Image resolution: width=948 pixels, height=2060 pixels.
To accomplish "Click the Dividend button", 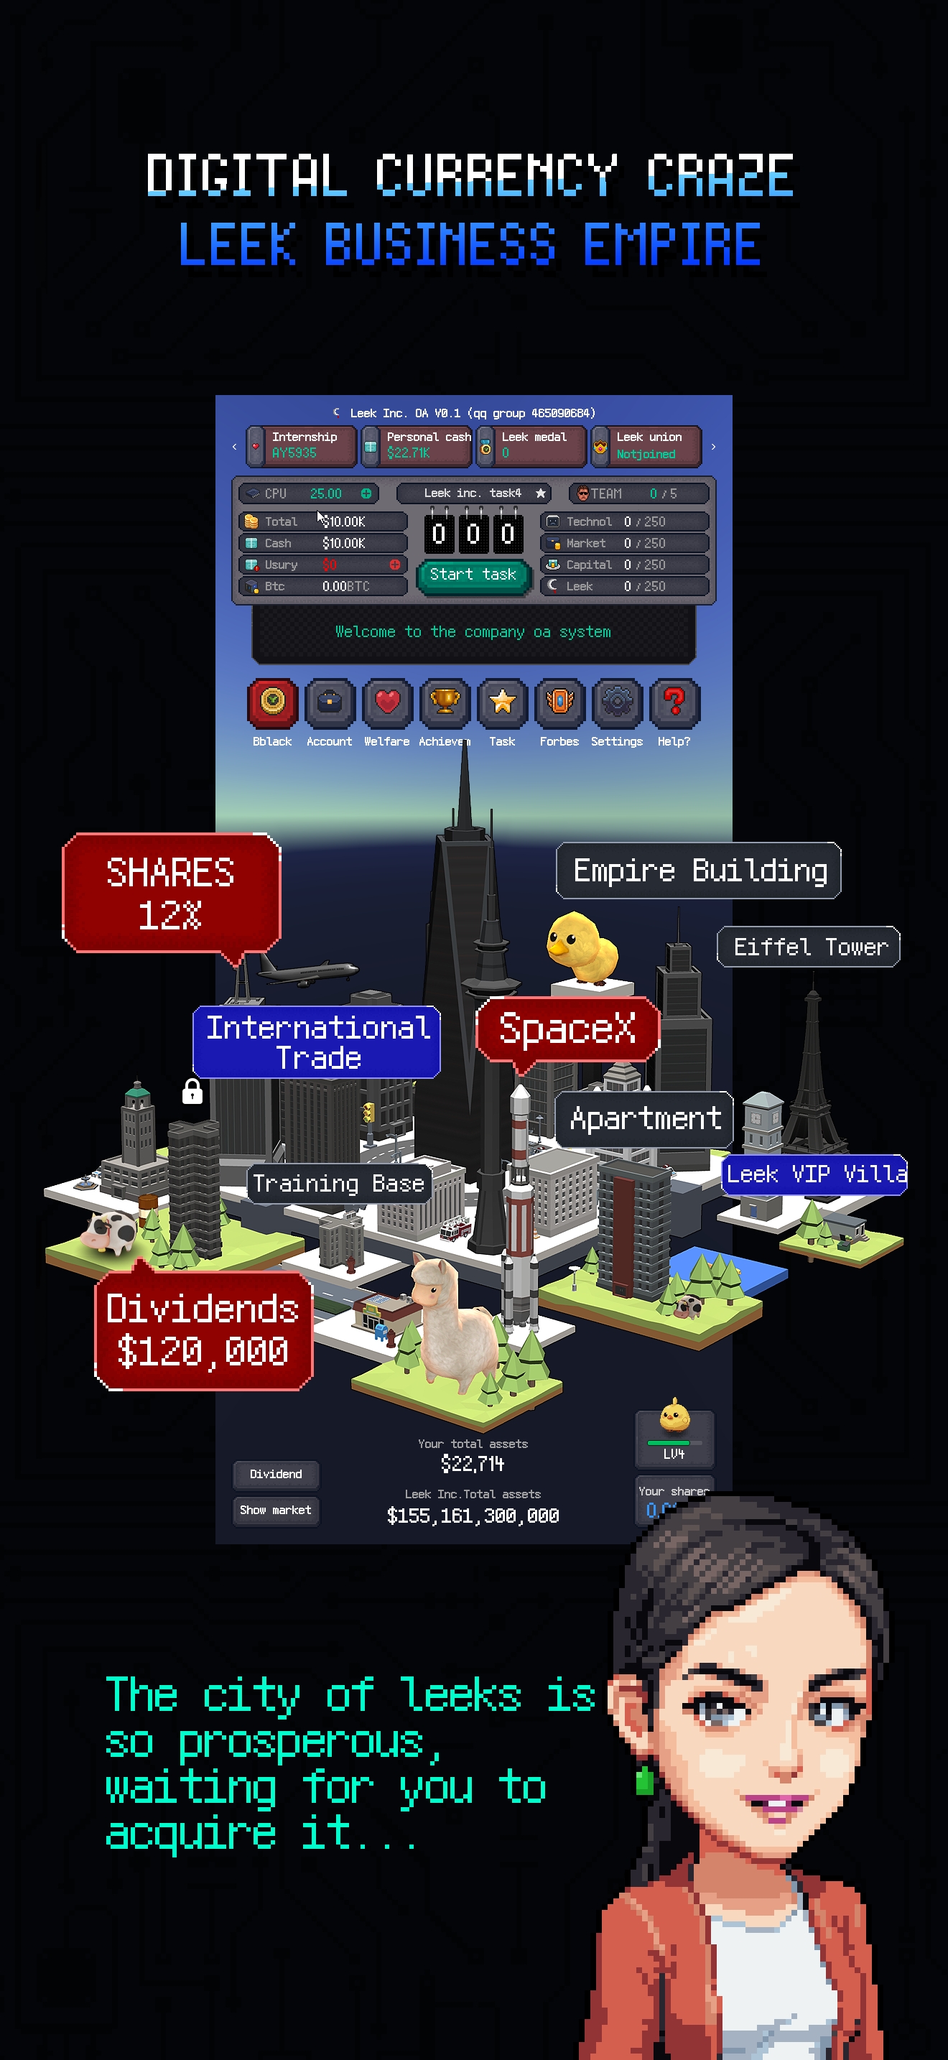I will (x=276, y=1474).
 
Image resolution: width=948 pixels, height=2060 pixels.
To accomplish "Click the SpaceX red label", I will (x=567, y=1029).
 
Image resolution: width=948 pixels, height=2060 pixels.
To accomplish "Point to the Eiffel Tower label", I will (x=809, y=947).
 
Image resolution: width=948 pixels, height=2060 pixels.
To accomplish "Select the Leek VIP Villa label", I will (x=814, y=1174).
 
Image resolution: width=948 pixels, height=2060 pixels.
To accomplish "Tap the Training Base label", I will (x=338, y=1184).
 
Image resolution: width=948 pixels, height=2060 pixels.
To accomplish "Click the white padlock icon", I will (x=192, y=1092).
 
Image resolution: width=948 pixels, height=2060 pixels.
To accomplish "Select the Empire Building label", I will (x=699, y=870).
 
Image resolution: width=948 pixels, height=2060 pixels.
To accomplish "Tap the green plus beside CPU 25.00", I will (x=366, y=493).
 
